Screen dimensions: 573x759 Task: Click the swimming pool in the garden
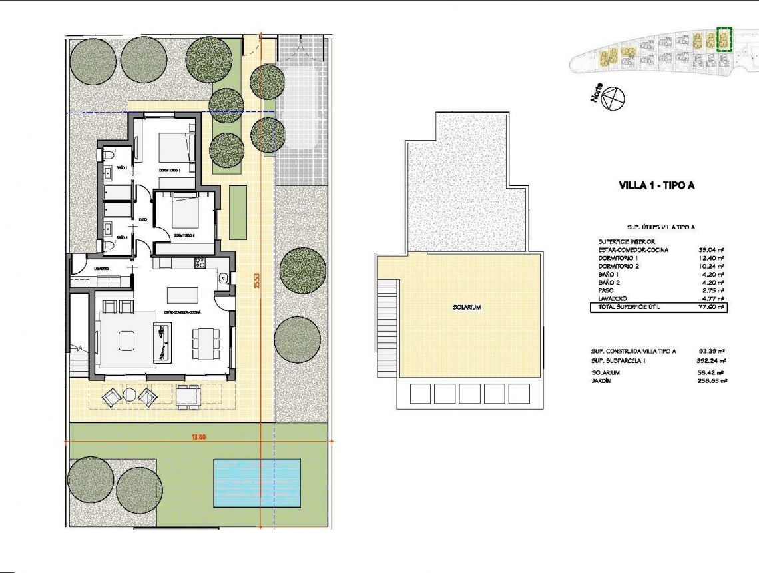256,482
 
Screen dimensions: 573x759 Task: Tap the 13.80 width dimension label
197,436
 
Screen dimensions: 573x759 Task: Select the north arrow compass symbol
613,99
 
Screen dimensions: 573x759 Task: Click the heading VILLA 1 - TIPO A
656,186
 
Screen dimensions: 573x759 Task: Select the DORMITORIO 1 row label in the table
619,258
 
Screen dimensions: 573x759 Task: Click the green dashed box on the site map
724,39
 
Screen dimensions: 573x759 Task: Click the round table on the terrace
129,396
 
